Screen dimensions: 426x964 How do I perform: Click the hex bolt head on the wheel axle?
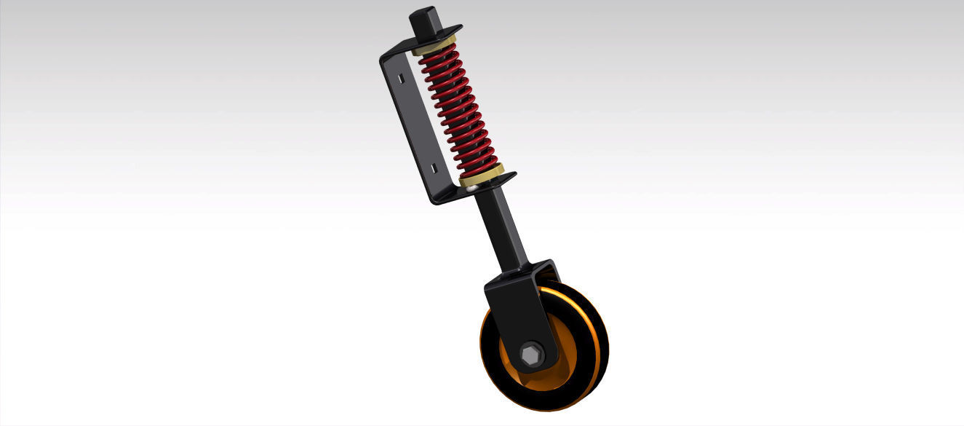coord(531,355)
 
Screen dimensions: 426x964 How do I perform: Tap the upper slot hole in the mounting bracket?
coord(400,76)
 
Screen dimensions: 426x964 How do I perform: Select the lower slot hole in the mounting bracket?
coord(434,168)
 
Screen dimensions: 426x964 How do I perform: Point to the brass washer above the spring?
coord(434,45)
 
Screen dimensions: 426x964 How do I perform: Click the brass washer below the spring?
coord(482,175)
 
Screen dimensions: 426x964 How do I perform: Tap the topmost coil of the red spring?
coord(439,55)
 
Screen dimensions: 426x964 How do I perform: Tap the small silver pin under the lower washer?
coord(473,188)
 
